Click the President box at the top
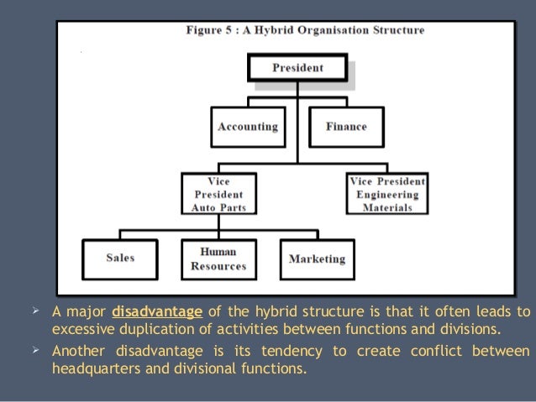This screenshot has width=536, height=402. [x=297, y=67]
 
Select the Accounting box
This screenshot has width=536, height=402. [x=247, y=127]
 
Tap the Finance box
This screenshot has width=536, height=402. [x=346, y=127]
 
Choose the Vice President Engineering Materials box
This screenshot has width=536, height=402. [x=386, y=194]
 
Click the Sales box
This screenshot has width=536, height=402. [x=120, y=258]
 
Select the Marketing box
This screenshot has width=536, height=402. [x=317, y=258]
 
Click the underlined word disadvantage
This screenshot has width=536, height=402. [x=157, y=313]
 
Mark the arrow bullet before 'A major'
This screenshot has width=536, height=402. [x=34, y=312]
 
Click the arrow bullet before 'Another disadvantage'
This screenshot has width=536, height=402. [x=34, y=350]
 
